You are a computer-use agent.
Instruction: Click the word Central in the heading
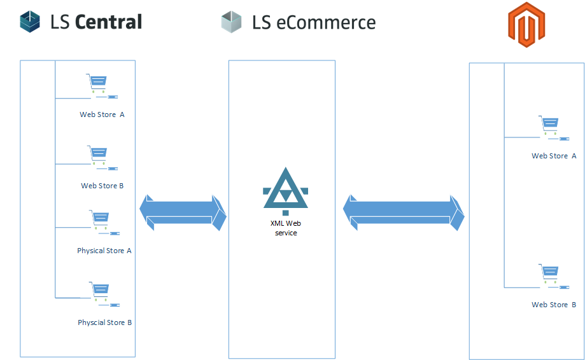pos(108,22)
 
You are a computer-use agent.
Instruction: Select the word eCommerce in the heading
pos(326,23)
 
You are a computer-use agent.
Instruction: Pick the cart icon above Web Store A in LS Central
pos(97,83)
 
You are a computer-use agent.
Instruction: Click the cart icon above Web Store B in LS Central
pos(98,155)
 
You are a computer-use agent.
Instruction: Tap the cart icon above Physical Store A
pos(100,219)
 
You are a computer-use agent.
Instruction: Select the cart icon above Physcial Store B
pos(100,291)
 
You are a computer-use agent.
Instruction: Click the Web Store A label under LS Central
pos(102,114)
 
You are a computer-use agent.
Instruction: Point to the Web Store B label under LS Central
pos(102,186)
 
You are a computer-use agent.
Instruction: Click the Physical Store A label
pos(104,251)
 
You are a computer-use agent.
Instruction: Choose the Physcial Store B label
pos(105,322)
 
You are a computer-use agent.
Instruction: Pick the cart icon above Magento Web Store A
pos(550,125)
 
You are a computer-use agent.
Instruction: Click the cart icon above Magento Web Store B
pos(550,273)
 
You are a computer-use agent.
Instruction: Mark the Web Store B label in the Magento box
pos(554,305)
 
